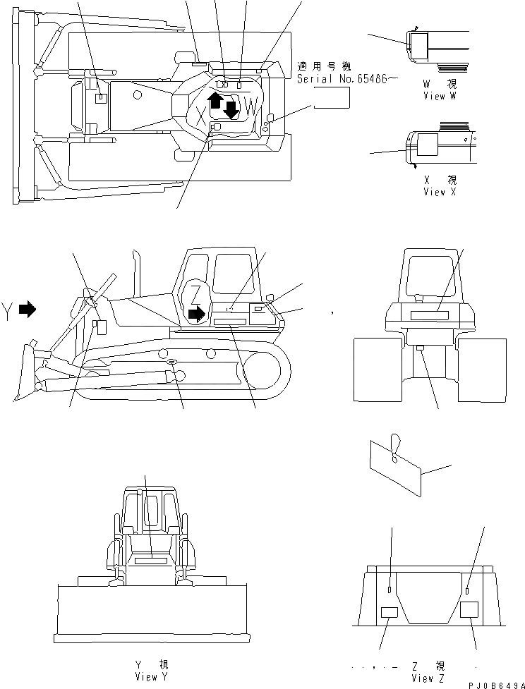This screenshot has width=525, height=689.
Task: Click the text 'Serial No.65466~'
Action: pyautogui.click(x=342, y=80)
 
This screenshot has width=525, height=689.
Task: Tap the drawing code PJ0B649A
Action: pyautogui.click(x=491, y=683)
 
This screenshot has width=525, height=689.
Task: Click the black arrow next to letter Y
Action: pyautogui.click(x=27, y=309)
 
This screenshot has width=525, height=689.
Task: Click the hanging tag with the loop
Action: pyautogui.click(x=395, y=463)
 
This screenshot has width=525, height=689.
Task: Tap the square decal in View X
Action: pyautogui.click(x=427, y=146)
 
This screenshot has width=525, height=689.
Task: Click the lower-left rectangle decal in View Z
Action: pyautogui.click(x=390, y=612)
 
